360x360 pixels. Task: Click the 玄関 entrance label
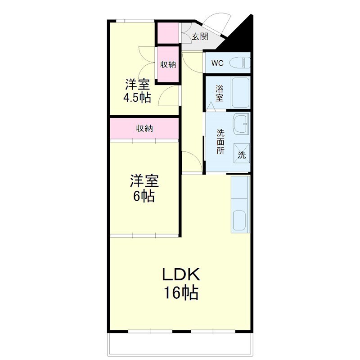click(200, 36)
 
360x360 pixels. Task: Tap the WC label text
click(217, 63)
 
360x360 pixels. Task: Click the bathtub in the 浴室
click(240, 93)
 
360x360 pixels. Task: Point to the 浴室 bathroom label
click(219, 93)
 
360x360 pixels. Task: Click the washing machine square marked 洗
click(242, 153)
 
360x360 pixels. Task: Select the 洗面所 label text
click(220, 142)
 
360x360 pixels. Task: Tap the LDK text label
click(181, 274)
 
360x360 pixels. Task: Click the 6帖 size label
click(144, 196)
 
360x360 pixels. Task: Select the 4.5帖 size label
click(137, 98)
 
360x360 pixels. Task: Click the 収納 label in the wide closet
click(144, 128)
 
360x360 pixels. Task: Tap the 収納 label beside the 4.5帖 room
click(168, 64)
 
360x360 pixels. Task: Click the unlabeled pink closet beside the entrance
click(168, 32)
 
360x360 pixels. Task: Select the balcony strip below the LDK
click(180, 344)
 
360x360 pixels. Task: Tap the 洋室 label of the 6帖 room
click(144, 181)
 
